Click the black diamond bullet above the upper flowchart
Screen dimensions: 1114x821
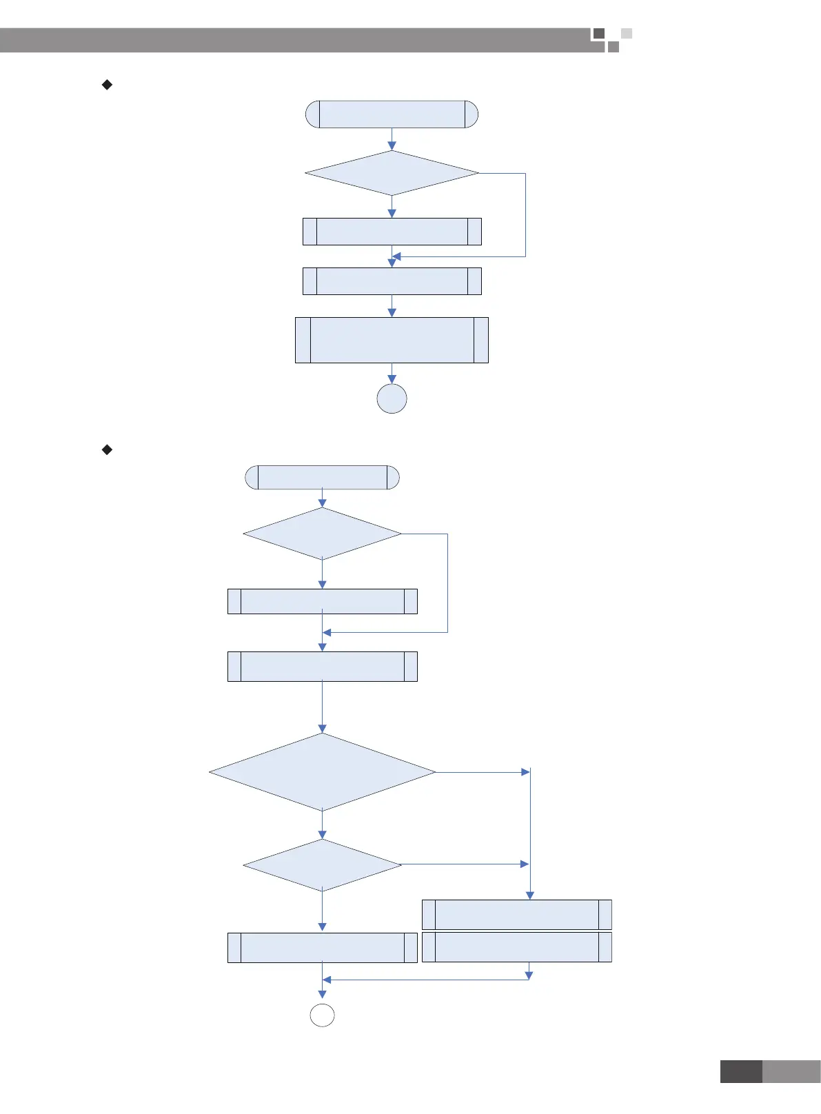tap(107, 85)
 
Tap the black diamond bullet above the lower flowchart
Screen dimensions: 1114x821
tap(107, 449)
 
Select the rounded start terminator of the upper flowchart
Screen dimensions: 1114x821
tap(392, 114)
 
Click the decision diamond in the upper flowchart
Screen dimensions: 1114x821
tap(392, 173)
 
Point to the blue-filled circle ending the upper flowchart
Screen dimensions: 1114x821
tap(392, 398)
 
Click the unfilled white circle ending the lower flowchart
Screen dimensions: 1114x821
tap(323, 1015)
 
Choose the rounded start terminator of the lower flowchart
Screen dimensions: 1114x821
tap(322, 477)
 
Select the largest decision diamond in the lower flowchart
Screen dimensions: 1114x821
tap(322, 772)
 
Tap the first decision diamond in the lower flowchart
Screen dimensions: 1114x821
tap(322, 534)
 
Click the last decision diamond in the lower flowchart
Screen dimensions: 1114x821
tap(322, 864)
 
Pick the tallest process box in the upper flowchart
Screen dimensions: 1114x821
tap(392, 340)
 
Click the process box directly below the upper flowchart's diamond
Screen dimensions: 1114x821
tap(392, 232)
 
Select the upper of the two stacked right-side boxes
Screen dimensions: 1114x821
tap(516, 915)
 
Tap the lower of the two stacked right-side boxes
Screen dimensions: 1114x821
tap(516, 947)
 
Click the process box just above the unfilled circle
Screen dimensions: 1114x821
tap(322, 947)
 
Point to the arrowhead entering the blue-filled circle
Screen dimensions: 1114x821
tap(392, 379)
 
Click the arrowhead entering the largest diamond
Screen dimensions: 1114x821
tap(322, 728)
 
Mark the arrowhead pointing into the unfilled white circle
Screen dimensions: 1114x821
tap(322, 994)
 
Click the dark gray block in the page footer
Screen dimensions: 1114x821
tap(741, 1072)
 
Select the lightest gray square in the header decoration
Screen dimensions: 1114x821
tap(626, 33)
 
